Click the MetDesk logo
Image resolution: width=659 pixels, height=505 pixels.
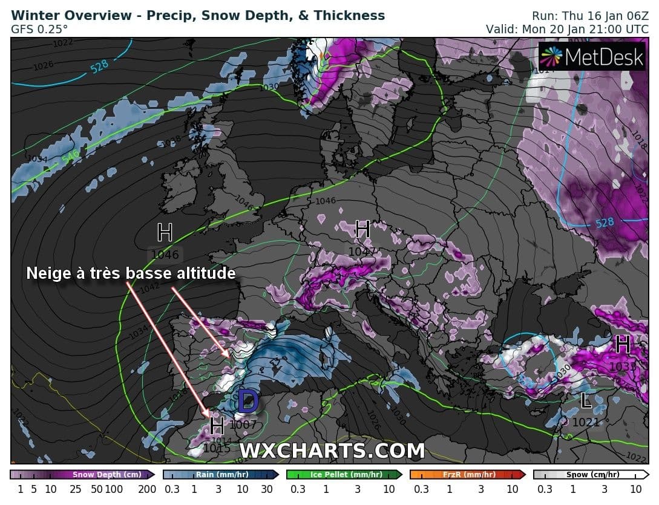tap(592, 57)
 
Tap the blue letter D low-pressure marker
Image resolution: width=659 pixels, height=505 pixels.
tap(248, 401)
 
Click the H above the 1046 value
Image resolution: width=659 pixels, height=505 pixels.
tap(165, 232)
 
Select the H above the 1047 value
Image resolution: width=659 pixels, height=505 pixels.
tap(362, 230)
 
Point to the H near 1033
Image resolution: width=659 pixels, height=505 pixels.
tap(622, 344)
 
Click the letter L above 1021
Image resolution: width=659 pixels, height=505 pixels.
tap(585, 400)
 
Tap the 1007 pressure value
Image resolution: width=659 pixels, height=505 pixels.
tap(243, 424)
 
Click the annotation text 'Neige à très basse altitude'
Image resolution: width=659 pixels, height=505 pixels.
tap(131, 273)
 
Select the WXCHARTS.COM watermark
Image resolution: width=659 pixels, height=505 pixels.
tap(332, 451)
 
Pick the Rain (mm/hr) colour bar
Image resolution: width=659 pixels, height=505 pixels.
tap(220, 475)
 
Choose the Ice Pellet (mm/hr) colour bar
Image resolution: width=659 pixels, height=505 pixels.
tap(344, 475)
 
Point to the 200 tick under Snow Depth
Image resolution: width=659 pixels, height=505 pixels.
tap(147, 489)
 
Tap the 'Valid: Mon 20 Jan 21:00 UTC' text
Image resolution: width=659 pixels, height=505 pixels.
tap(568, 28)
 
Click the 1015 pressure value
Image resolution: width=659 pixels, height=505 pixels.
tap(217, 448)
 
